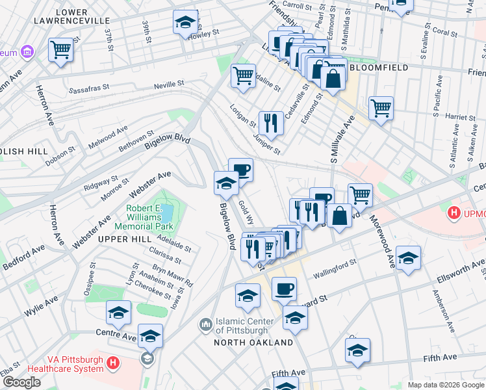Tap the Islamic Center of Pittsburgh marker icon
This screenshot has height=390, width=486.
205,323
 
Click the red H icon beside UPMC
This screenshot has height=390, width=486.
454,213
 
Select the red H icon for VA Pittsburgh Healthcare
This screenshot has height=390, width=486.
113,363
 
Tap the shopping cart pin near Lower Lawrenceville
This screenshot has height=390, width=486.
60,49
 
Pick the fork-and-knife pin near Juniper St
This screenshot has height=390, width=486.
271,122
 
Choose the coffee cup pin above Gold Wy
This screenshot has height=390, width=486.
240,170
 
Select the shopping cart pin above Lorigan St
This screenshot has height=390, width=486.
243,75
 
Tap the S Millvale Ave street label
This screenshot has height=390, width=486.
342,139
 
